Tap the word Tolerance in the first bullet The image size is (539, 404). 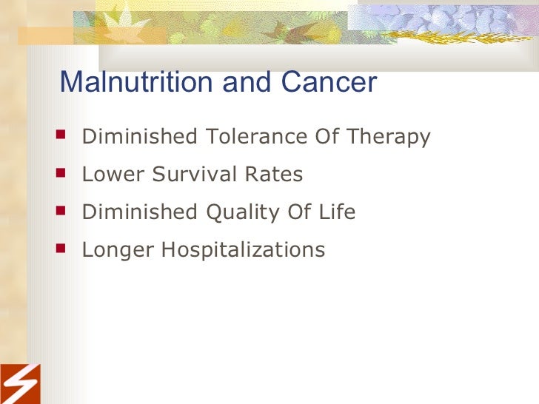coord(249,137)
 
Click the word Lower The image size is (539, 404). coord(109,175)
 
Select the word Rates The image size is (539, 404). coord(275,175)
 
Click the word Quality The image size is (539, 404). coord(240,213)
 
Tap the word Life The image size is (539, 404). coord(338,212)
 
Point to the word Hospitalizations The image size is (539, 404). coord(239,251)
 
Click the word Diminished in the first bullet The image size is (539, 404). coord(140,137)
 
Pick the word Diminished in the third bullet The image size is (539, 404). coord(140,212)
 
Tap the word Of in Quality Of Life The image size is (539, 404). coord(298,212)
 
